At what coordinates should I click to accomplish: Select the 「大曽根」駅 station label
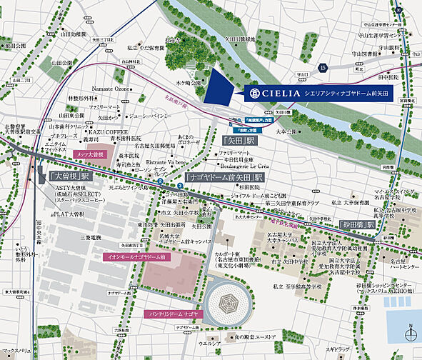69,175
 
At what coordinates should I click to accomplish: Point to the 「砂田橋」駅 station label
346,224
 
